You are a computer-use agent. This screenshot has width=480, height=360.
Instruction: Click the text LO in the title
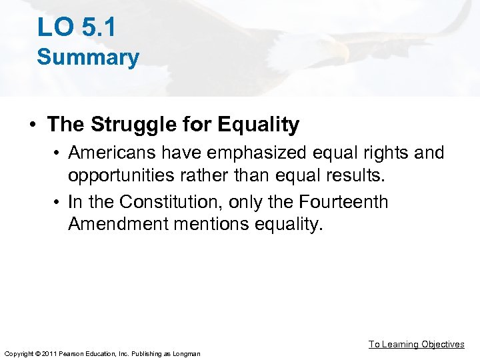click(x=53, y=27)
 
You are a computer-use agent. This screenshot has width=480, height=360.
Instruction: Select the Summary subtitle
click(x=88, y=57)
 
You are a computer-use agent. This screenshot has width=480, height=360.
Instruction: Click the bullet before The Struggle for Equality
click(x=32, y=125)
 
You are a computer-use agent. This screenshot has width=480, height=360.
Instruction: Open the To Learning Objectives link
click(x=417, y=344)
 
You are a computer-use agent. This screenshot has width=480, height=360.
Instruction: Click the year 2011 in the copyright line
click(x=50, y=353)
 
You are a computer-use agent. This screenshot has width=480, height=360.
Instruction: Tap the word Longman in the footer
click(x=187, y=353)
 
